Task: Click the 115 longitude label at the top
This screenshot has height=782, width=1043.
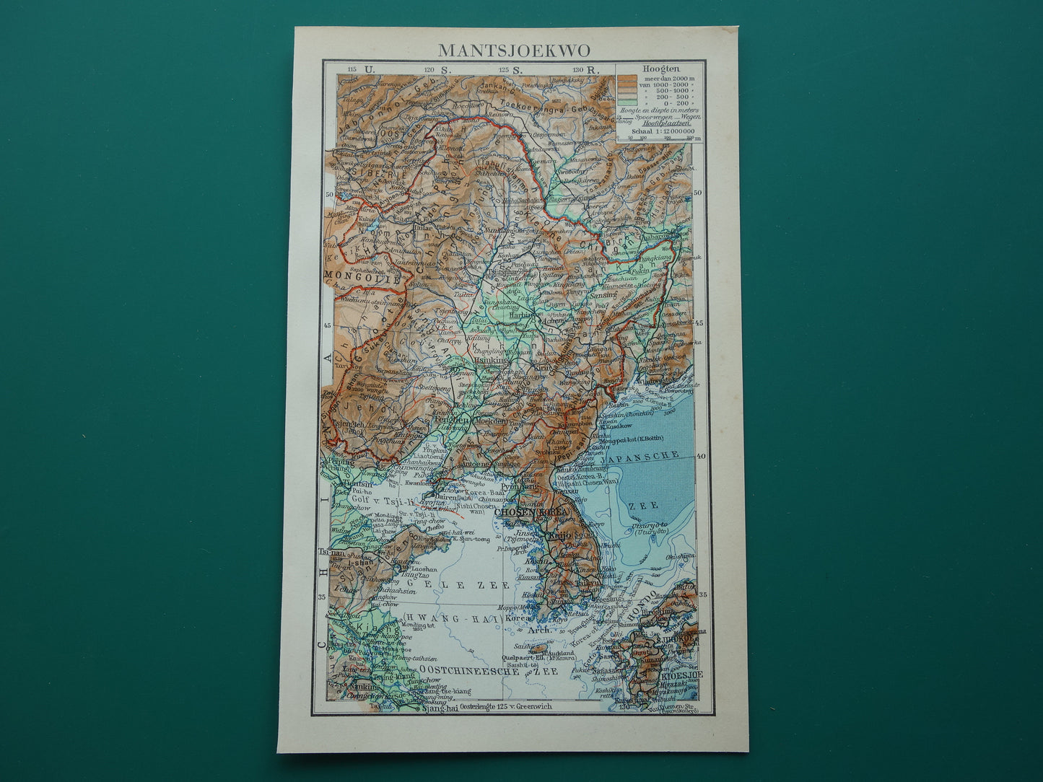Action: click(x=352, y=69)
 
